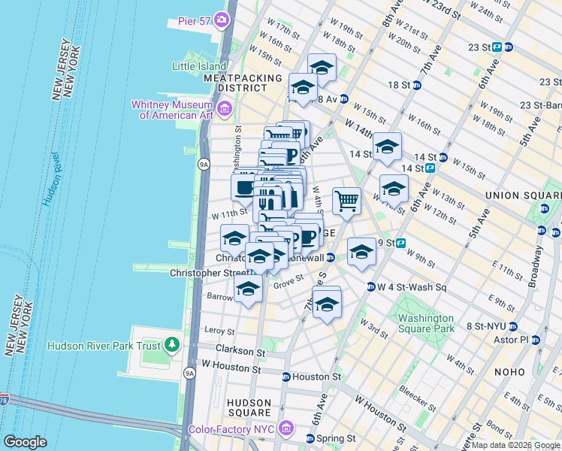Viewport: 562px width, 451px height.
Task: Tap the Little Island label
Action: [x=199, y=66]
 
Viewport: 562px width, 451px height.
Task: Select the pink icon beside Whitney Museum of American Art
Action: [x=224, y=110]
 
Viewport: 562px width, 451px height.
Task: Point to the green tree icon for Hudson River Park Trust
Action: [x=173, y=345]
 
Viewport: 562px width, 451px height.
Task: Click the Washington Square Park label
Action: [x=426, y=323]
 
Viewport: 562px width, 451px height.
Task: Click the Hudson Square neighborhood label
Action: [x=249, y=407]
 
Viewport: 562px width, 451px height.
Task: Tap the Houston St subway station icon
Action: [x=286, y=377]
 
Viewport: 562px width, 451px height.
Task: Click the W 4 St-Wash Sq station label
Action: [x=412, y=286]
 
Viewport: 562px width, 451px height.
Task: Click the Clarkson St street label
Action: [x=240, y=350]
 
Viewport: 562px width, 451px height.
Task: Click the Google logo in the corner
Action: [x=25, y=442]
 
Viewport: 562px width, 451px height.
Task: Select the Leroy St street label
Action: [x=219, y=330]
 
